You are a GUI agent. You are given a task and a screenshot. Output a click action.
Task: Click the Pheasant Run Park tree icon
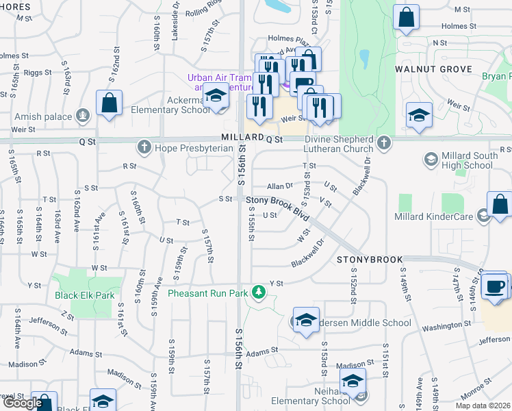[258, 292]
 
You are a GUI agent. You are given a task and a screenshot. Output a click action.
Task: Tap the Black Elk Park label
[84, 296]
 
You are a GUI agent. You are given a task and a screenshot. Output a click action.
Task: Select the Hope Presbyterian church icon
[144, 146]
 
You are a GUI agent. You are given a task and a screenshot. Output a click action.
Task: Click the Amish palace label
[43, 116]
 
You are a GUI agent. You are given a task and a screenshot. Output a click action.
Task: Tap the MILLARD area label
[242, 138]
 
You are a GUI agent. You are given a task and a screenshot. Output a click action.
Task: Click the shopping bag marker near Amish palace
[109, 103]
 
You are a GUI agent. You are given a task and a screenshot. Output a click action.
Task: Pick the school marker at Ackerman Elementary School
[216, 97]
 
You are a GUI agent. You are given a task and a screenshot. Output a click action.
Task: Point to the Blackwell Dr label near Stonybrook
[307, 256]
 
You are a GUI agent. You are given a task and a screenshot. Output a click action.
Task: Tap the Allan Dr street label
[279, 186]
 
